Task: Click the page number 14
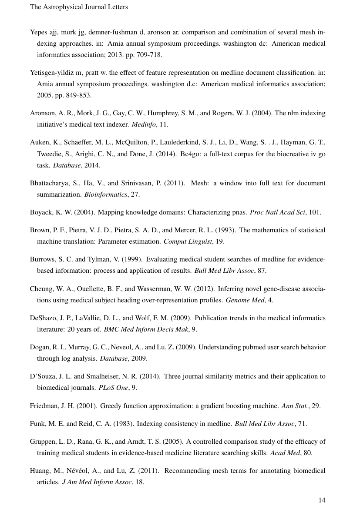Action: pos(322,500)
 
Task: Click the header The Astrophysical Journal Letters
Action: pos(79,7)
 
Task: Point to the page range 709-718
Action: pos(147,55)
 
